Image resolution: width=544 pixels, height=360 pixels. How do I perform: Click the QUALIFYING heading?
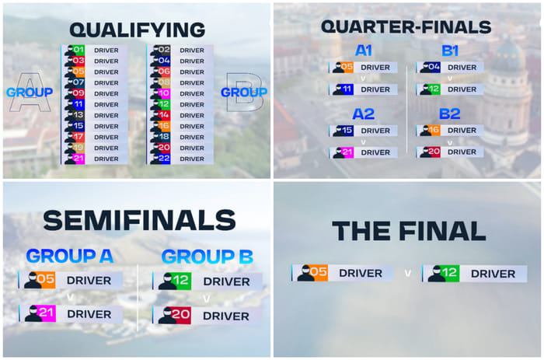[137, 30]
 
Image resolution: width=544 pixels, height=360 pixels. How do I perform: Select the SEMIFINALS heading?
[138, 221]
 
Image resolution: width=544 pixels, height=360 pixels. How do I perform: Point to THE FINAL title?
[409, 231]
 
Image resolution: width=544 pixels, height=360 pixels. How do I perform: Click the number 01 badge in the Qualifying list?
[78, 50]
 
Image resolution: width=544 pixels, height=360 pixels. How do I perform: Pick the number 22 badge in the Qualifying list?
[163, 159]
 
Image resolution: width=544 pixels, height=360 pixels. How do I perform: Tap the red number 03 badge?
[78, 61]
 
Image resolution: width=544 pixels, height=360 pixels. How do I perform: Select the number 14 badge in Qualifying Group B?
[163, 115]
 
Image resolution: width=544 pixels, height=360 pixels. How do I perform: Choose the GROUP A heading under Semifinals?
[69, 256]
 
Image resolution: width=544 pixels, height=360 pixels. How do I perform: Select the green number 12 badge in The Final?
[451, 274]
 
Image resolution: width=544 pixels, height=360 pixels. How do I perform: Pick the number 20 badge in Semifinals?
[182, 315]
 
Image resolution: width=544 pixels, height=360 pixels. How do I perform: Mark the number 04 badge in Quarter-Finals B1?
[434, 68]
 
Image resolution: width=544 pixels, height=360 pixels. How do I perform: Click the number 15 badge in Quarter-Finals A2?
[347, 131]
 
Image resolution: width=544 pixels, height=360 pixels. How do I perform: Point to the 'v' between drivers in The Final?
[407, 274]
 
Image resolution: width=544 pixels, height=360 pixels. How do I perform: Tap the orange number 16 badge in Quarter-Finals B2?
[434, 131]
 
